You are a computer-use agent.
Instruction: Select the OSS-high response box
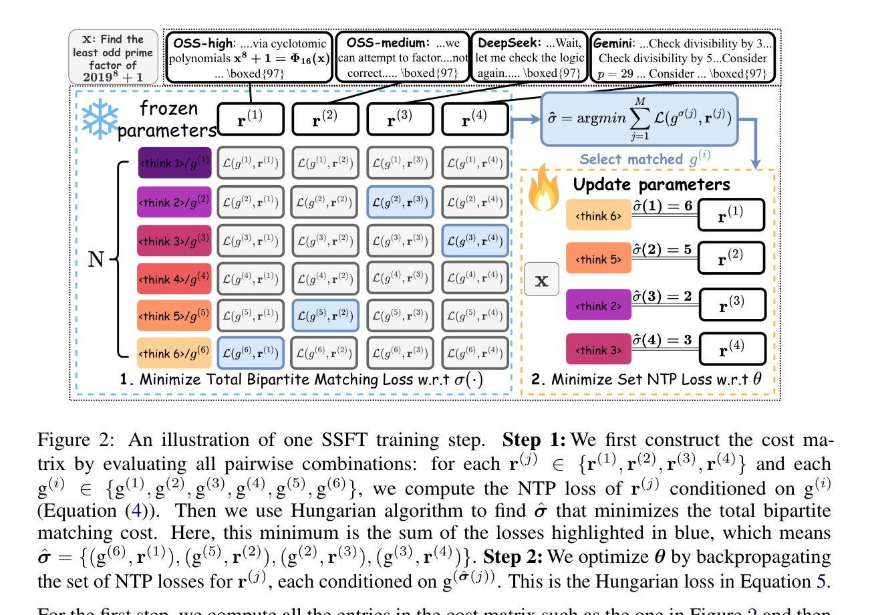[x=249, y=56]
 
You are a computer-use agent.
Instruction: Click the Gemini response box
[x=684, y=56]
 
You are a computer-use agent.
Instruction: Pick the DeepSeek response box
[x=530, y=56]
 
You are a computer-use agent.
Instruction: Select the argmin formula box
[x=639, y=120]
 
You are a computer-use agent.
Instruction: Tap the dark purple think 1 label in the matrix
[x=174, y=163]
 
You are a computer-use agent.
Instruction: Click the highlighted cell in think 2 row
[x=400, y=201]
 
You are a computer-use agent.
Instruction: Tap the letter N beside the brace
[x=96, y=259]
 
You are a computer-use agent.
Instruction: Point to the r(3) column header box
[x=400, y=120]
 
